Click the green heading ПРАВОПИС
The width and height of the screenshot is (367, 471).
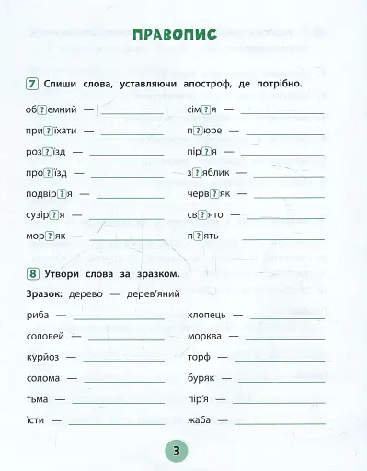click(x=175, y=36)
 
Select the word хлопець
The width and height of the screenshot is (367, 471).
click(x=206, y=315)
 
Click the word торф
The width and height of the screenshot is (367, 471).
click(x=198, y=357)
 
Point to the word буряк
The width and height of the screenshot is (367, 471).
click(x=201, y=378)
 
